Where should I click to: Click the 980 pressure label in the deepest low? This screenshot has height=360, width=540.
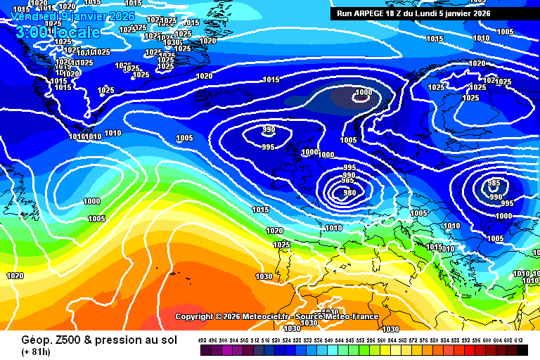349,193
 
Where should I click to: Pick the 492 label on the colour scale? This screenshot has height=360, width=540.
202,340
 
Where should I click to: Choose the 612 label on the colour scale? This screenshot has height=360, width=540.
519,340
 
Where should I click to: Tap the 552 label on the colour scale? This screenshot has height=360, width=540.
361,340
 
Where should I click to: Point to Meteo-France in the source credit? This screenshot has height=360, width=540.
354,316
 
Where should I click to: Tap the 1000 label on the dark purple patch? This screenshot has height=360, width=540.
364,93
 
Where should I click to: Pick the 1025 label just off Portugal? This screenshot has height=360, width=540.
281,245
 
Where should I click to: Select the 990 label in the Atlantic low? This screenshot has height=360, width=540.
269,130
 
